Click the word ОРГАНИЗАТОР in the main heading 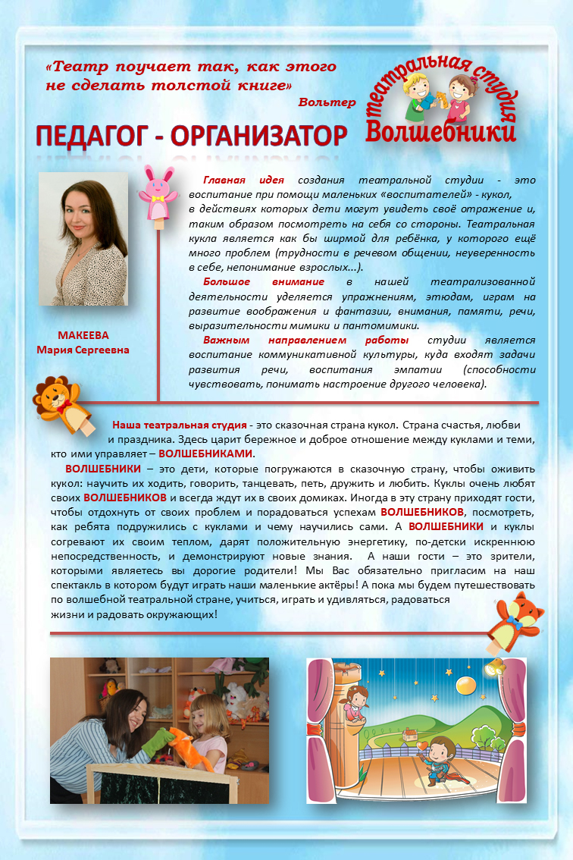click(258, 137)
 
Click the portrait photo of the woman click(83, 239)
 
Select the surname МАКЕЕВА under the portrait click(83, 335)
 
